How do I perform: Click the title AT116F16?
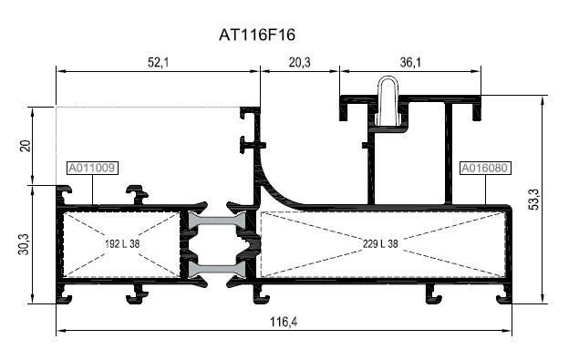click(257, 35)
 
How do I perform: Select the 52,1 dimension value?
click(158, 61)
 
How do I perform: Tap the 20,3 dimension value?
click(298, 61)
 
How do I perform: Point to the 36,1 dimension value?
click(410, 61)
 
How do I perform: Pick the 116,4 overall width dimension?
click(284, 321)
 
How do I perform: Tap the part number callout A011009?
click(91, 168)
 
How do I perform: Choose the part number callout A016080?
click(485, 168)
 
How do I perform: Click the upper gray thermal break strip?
click(216, 221)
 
